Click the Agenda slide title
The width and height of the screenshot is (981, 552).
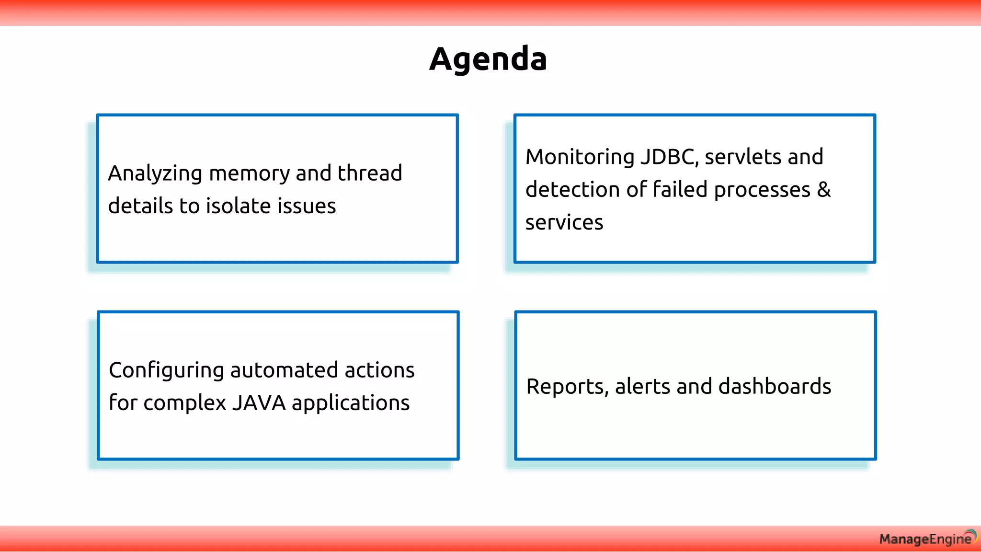(x=488, y=59)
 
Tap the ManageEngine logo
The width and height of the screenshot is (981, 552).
(x=927, y=539)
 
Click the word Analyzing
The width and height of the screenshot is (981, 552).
(x=155, y=173)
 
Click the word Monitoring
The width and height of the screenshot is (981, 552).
(x=580, y=157)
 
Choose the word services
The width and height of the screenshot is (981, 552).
(x=564, y=222)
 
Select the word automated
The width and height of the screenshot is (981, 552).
(x=284, y=370)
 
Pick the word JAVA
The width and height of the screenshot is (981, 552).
(x=259, y=402)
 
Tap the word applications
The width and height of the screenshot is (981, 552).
(x=351, y=403)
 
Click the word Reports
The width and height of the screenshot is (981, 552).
(x=567, y=387)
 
